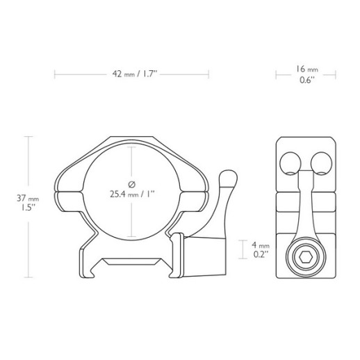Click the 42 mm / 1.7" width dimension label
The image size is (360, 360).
pos(132,72)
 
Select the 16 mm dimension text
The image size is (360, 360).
pos(306,69)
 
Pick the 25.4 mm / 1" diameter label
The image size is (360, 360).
pos(131,194)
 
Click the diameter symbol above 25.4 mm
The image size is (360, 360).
pos(131,183)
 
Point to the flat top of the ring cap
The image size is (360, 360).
pos(131,140)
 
